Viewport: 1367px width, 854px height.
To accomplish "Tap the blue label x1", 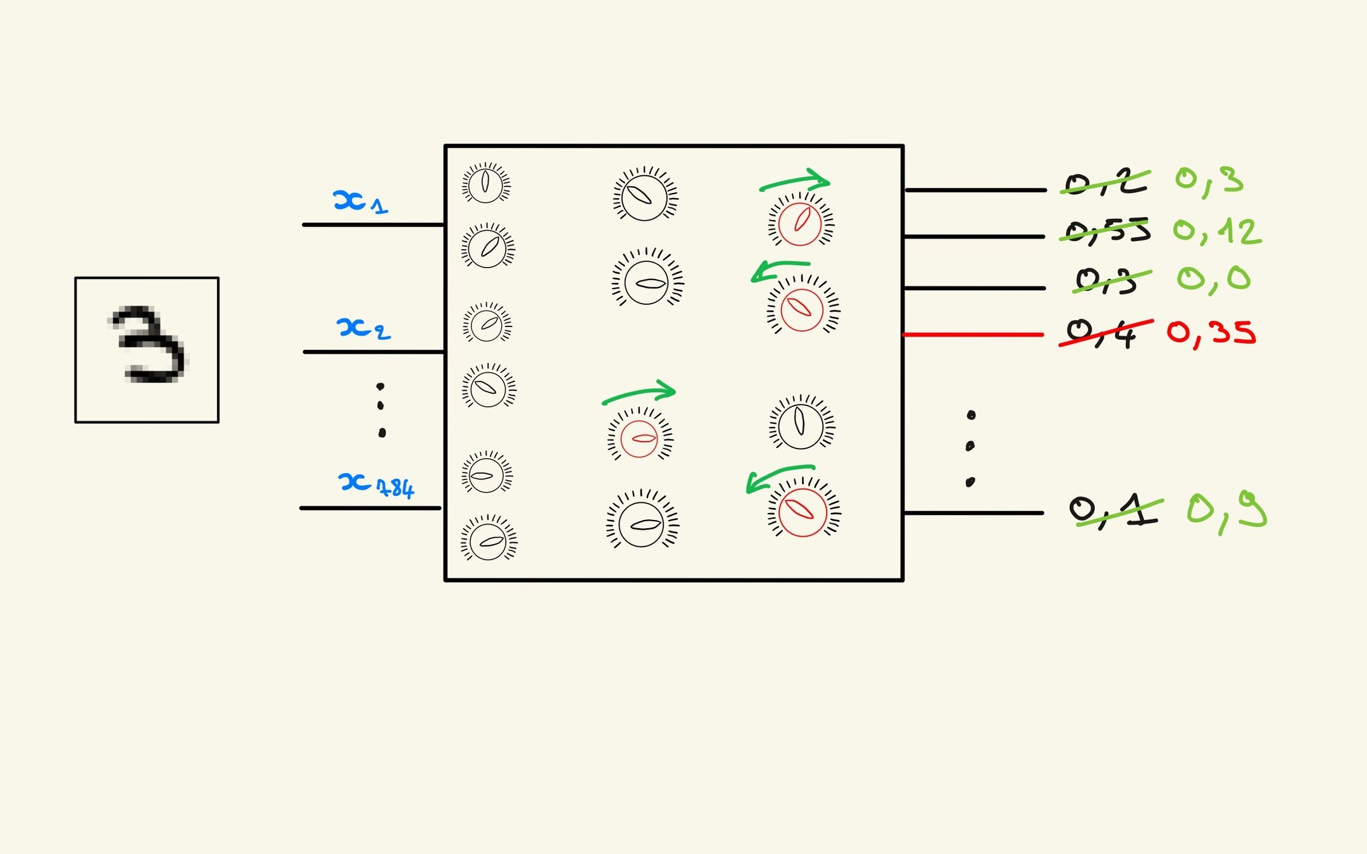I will click(359, 202).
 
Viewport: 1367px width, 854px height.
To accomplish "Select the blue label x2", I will click(363, 328).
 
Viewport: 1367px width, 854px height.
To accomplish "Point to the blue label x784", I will click(376, 485).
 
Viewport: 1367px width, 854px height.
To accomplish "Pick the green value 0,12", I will click(1216, 232).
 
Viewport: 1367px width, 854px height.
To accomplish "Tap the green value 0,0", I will click(1213, 280).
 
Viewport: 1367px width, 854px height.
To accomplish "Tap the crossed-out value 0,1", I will click(1114, 511).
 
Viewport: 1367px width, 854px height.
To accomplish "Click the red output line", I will click(973, 334).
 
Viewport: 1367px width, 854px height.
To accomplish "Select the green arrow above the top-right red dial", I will click(795, 181).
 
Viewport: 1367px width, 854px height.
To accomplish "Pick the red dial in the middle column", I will click(639, 438).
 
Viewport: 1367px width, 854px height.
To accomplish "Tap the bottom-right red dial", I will click(802, 512).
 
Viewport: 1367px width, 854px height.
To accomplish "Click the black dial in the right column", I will click(801, 424).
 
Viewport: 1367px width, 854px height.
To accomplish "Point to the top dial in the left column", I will click(485, 183).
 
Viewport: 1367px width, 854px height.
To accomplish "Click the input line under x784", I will click(370, 508).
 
